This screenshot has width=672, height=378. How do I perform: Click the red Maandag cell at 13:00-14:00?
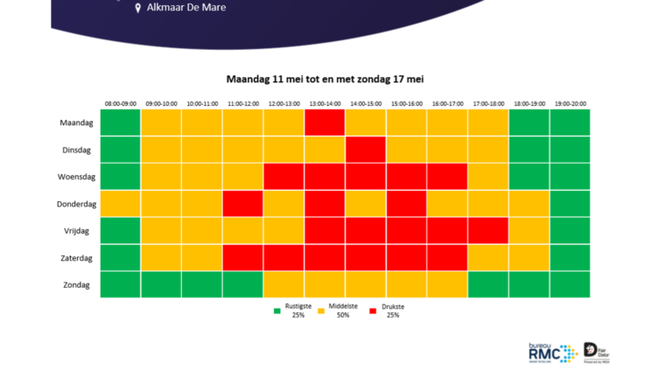[325, 122]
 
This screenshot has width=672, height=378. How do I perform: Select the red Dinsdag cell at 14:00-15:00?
[366, 150]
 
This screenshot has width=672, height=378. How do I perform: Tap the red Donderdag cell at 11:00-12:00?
[242, 204]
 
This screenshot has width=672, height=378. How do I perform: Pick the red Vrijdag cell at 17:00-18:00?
[488, 231]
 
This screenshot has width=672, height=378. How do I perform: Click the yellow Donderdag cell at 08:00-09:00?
[120, 204]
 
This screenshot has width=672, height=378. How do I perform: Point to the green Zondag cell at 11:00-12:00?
[242, 284]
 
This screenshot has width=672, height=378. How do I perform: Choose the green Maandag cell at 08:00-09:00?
[120, 122]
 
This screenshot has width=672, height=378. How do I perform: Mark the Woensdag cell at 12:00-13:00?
[283, 177]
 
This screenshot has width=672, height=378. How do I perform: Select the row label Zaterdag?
[76, 258]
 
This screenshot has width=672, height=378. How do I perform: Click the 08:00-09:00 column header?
[120, 104]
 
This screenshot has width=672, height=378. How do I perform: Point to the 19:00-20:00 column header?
[570, 104]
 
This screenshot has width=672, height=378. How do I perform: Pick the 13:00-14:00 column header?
[325, 104]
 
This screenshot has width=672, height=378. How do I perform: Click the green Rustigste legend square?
[276, 309]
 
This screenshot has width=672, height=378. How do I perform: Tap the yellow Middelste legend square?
[320, 309]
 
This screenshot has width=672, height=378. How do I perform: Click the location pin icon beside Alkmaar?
[137, 8]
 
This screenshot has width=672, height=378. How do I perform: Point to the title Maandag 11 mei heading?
[325, 79]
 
